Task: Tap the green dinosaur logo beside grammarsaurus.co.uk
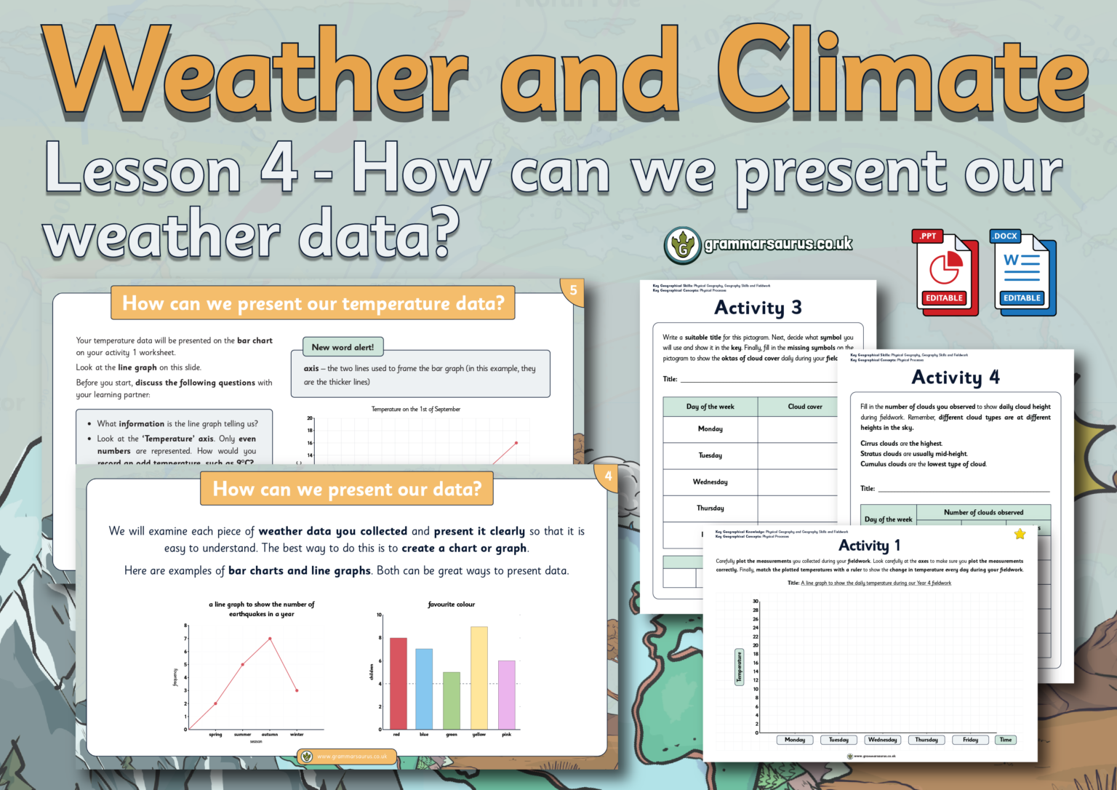682,246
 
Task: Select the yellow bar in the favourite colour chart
479,677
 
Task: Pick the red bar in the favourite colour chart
398,683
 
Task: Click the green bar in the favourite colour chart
452,700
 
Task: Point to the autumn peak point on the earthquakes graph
270,639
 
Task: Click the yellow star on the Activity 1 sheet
1020,535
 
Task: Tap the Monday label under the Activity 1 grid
795,740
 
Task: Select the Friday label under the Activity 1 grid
970,740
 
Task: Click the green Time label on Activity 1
1006,740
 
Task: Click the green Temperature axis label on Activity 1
739,667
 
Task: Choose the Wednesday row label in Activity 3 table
710,482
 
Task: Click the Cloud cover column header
804,407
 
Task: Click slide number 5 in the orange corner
573,291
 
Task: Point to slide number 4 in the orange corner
608,476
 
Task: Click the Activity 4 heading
955,378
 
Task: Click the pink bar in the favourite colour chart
507,694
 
